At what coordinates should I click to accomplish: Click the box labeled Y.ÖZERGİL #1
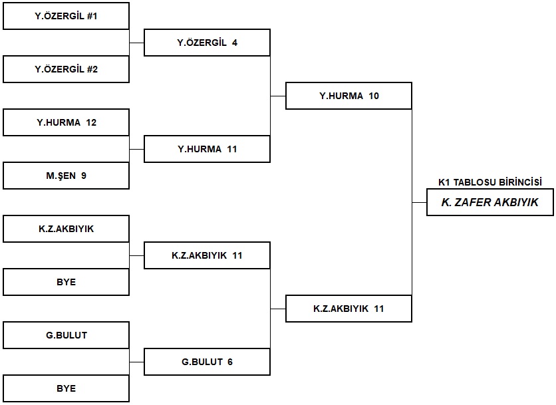[66, 16]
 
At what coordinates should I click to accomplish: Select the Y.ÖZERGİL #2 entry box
[66, 69]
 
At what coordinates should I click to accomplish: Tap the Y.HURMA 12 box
[66, 122]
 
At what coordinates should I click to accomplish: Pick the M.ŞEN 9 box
[66, 176]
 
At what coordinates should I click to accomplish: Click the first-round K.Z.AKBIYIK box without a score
[66, 229]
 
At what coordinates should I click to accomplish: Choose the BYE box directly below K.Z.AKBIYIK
[66, 282]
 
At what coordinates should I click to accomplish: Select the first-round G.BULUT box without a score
[66, 335]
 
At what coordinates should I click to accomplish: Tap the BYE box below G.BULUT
[66, 388]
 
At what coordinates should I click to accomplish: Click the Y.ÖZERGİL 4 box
[207, 43]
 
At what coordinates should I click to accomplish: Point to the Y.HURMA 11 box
[207, 149]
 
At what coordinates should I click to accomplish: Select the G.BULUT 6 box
[207, 362]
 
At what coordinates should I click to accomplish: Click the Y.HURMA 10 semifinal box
[348, 96]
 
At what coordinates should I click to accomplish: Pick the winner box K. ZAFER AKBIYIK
[490, 202]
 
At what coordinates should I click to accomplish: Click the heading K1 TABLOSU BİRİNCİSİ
[490, 182]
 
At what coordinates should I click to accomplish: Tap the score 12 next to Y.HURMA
[91, 122]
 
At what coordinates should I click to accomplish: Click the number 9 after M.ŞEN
[84, 176]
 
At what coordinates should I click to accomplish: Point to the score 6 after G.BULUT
[230, 362]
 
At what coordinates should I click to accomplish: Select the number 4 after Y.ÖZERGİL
[235, 43]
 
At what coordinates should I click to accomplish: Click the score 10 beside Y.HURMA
[374, 96]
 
